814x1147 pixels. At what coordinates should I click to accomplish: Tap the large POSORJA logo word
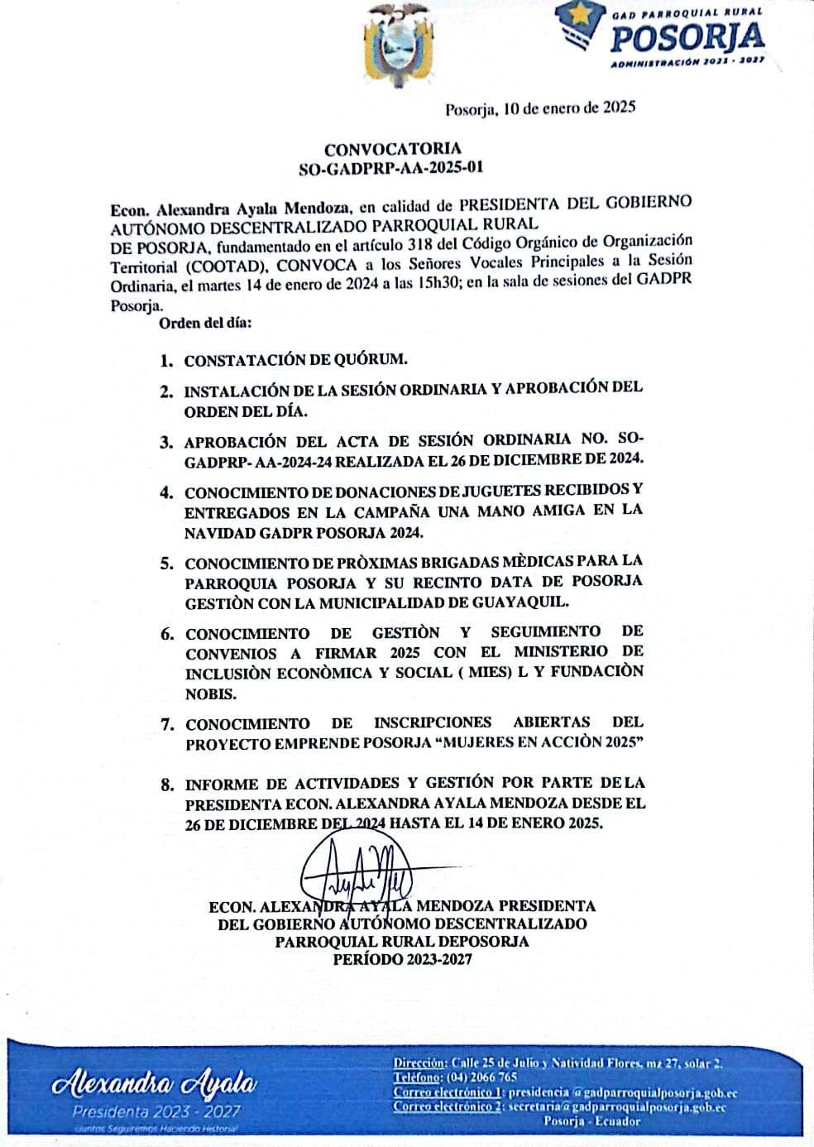coord(687,37)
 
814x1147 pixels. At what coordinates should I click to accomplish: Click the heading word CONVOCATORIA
coord(393,149)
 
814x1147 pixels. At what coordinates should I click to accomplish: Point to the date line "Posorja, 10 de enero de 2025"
coord(540,108)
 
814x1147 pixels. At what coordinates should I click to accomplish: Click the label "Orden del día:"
coord(206,322)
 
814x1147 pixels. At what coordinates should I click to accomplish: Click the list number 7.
coord(167,724)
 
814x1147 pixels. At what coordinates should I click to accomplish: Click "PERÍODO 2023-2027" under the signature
coord(402,960)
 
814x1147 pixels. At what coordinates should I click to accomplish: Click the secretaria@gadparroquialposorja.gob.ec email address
coord(617,1106)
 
